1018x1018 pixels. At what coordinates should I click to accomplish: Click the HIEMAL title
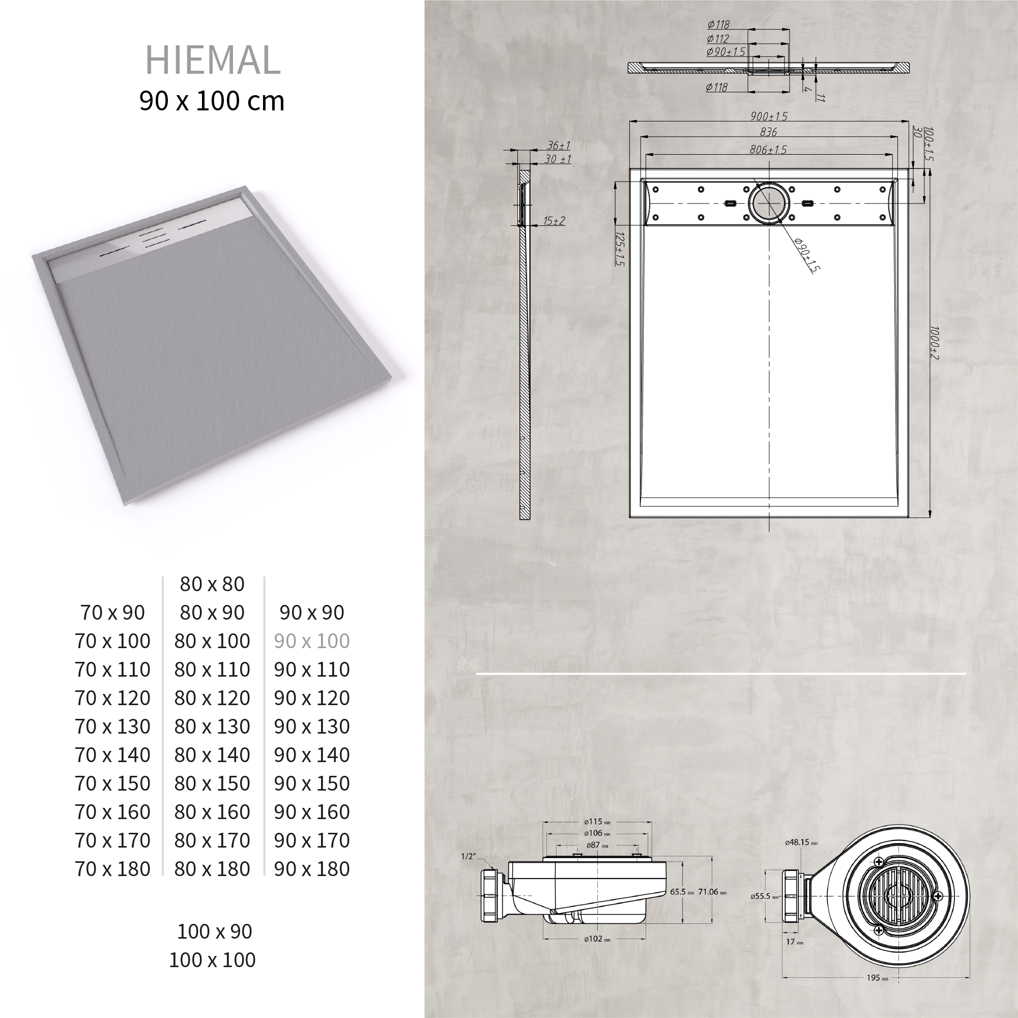212,60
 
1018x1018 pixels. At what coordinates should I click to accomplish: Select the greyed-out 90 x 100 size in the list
311,641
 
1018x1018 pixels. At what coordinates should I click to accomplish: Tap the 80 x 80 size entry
212,584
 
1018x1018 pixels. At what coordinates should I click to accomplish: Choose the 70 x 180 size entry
112,869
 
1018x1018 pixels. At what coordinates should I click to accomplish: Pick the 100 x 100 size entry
212,959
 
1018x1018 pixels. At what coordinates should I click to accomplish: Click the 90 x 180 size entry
311,869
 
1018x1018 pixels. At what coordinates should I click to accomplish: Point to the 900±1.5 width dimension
769,117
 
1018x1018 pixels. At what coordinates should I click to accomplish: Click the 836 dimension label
769,132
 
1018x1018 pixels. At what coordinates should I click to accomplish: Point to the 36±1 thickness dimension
559,146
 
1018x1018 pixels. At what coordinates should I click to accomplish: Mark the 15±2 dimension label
555,221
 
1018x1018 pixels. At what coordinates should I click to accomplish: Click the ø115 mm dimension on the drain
597,822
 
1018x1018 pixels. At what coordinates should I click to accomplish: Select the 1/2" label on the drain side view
468,856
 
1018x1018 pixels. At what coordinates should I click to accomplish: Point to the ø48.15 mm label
801,842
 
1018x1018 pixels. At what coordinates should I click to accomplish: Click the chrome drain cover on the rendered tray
153,240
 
